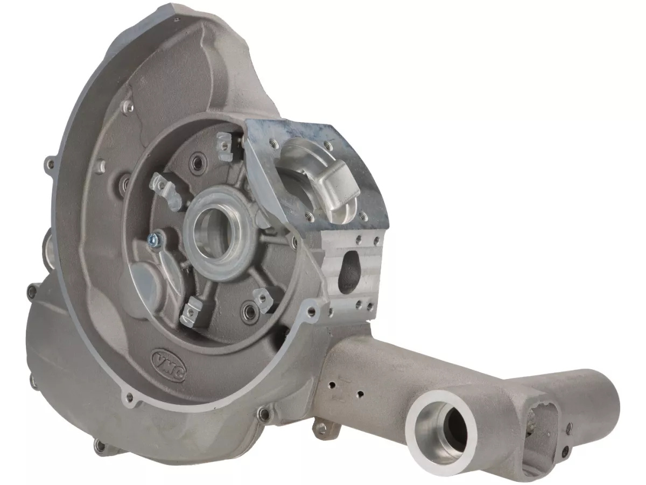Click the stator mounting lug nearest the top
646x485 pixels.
click(224, 146)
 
